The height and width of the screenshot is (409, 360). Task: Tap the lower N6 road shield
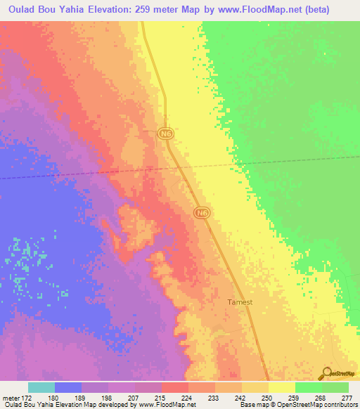(x=202, y=212)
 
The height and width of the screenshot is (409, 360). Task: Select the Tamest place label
(x=240, y=303)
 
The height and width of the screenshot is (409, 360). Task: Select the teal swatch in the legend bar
(x=41, y=387)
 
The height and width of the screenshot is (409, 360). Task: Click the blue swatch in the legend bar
(x=68, y=387)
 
